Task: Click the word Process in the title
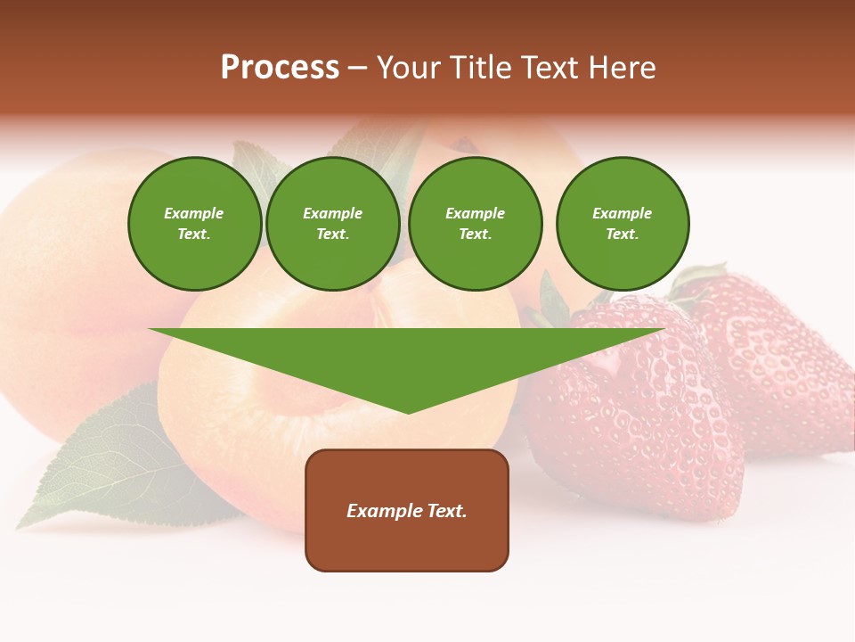[280, 68]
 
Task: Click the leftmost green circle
[194, 224]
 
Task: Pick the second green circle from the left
[333, 224]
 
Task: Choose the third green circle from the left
[476, 224]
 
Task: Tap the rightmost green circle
[623, 224]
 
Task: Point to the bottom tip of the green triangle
[408, 412]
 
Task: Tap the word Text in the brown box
[446, 511]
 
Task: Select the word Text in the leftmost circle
[193, 235]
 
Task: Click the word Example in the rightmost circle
[622, 213]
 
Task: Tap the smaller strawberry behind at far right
[775, 357]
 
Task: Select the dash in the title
[357, 68]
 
